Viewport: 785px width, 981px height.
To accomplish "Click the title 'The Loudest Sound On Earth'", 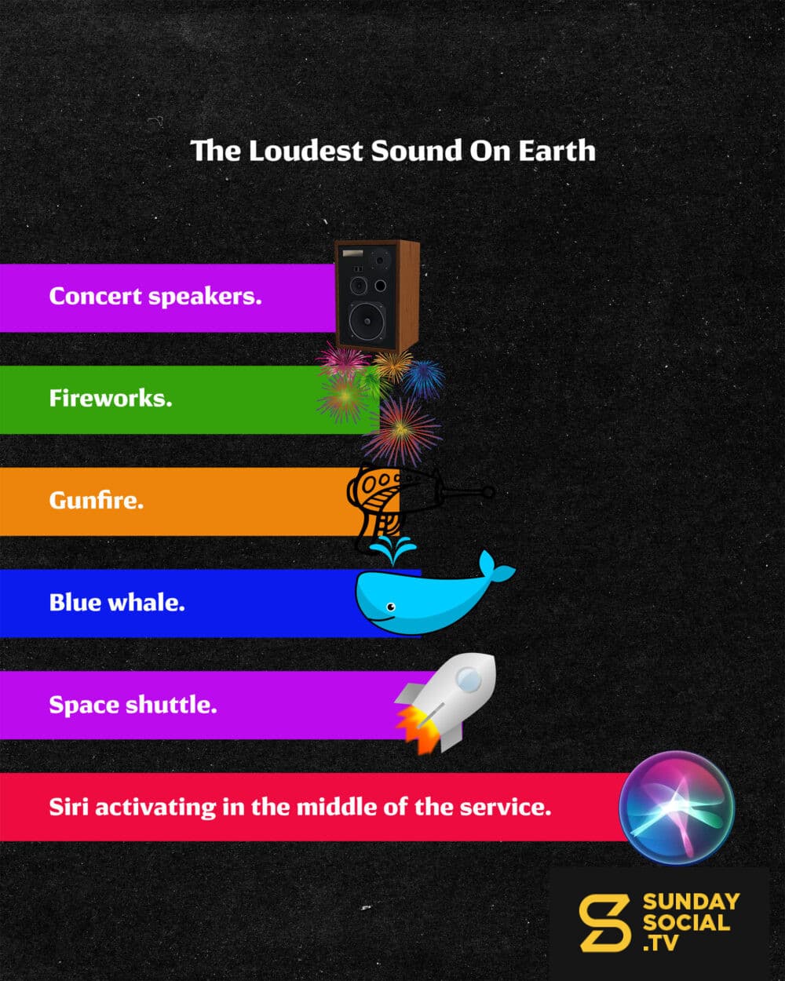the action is point(392,151).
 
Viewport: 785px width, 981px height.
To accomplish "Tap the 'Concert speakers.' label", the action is point(155,297).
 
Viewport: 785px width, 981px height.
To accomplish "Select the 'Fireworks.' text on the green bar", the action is point(111,398).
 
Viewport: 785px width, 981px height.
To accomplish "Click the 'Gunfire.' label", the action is point(97,500).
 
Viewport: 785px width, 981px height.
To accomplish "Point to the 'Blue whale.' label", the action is point(117,602).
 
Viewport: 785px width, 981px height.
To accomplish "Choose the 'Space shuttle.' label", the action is point(133,705).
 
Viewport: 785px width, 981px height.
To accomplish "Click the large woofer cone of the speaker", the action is point(367,321).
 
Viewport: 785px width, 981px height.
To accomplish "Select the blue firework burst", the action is point(424,379).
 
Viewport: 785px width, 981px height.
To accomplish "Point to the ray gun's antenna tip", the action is point(488,492).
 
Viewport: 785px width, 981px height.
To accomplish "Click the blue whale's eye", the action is point(390,607).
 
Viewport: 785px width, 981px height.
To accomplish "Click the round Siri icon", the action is point(677,808).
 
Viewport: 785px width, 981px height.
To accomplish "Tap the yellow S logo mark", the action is point(604,923).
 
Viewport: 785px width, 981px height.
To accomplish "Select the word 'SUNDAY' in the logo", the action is point(691,901).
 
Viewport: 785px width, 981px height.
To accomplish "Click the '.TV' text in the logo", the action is point(660,943).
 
